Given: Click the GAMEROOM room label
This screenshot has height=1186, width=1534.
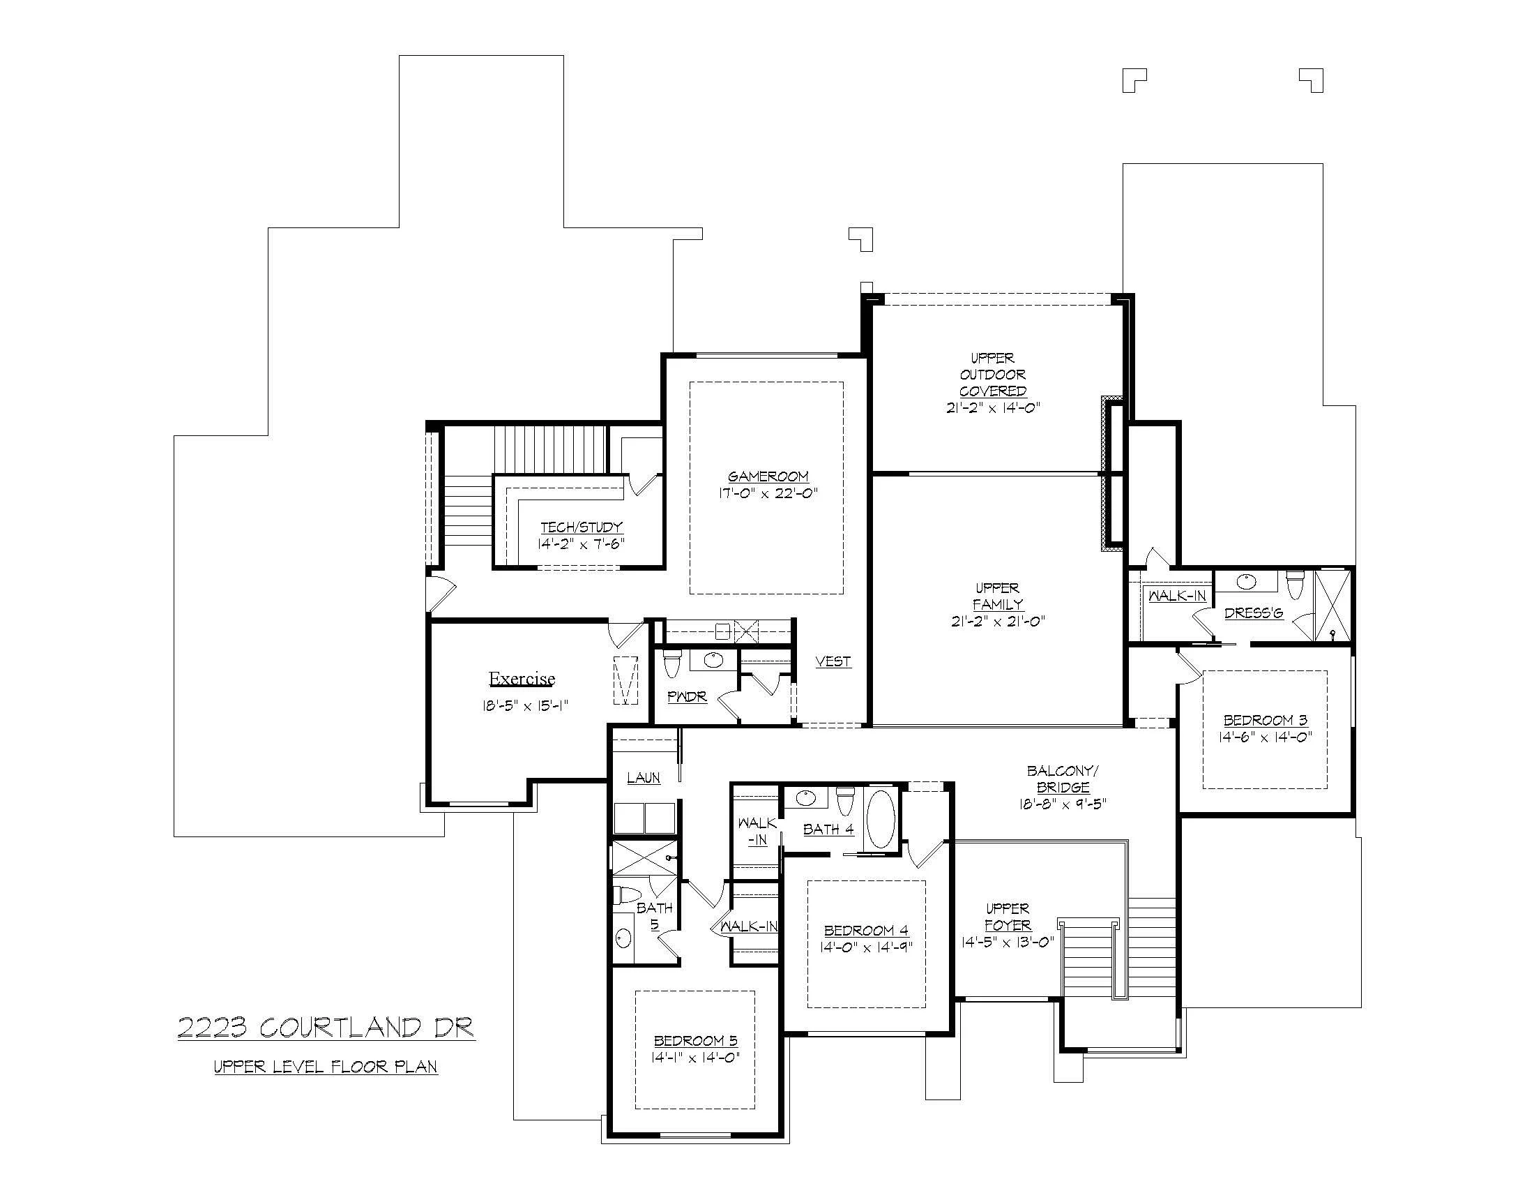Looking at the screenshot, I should (x=768, y=476).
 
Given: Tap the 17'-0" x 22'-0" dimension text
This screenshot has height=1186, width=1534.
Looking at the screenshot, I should (x=768, y=493).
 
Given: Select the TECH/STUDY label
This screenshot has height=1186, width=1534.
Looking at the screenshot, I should (x=582, y=527).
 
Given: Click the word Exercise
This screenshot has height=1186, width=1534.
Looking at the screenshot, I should (x=522, y=679).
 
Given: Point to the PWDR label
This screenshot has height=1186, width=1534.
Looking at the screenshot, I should (x=687, y=697).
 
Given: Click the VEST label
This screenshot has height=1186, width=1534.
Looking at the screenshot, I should (x=833, y=661).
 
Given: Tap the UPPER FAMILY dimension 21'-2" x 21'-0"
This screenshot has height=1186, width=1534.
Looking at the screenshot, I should (x=998, y=621).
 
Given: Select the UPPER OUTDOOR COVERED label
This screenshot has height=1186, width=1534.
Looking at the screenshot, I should (x=992, y=375).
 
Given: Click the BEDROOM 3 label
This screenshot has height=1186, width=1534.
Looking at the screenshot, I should (x=1265, y=720).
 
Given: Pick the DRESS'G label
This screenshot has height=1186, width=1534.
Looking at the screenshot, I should (x=1254, y=613).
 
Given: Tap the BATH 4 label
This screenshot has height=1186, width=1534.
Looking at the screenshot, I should (x=828, y=829).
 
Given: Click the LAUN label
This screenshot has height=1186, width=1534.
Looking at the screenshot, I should (x=644, y=778).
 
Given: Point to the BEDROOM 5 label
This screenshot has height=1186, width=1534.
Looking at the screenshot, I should (x=695, y=1041).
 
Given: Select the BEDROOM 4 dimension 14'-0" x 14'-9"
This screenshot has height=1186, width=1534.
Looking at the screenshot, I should (x=866, y=947).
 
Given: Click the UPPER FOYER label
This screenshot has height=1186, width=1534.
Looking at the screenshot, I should (x=1008, y=917).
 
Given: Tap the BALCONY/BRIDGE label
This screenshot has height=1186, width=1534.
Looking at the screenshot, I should (x=1063, y=779).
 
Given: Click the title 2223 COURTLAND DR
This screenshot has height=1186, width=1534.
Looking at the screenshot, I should (x=326, y=1028).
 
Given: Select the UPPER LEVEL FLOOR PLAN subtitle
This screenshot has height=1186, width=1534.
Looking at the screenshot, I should (x=326, y=1067).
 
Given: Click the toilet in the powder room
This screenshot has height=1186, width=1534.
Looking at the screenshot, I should (x=672, y=665).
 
